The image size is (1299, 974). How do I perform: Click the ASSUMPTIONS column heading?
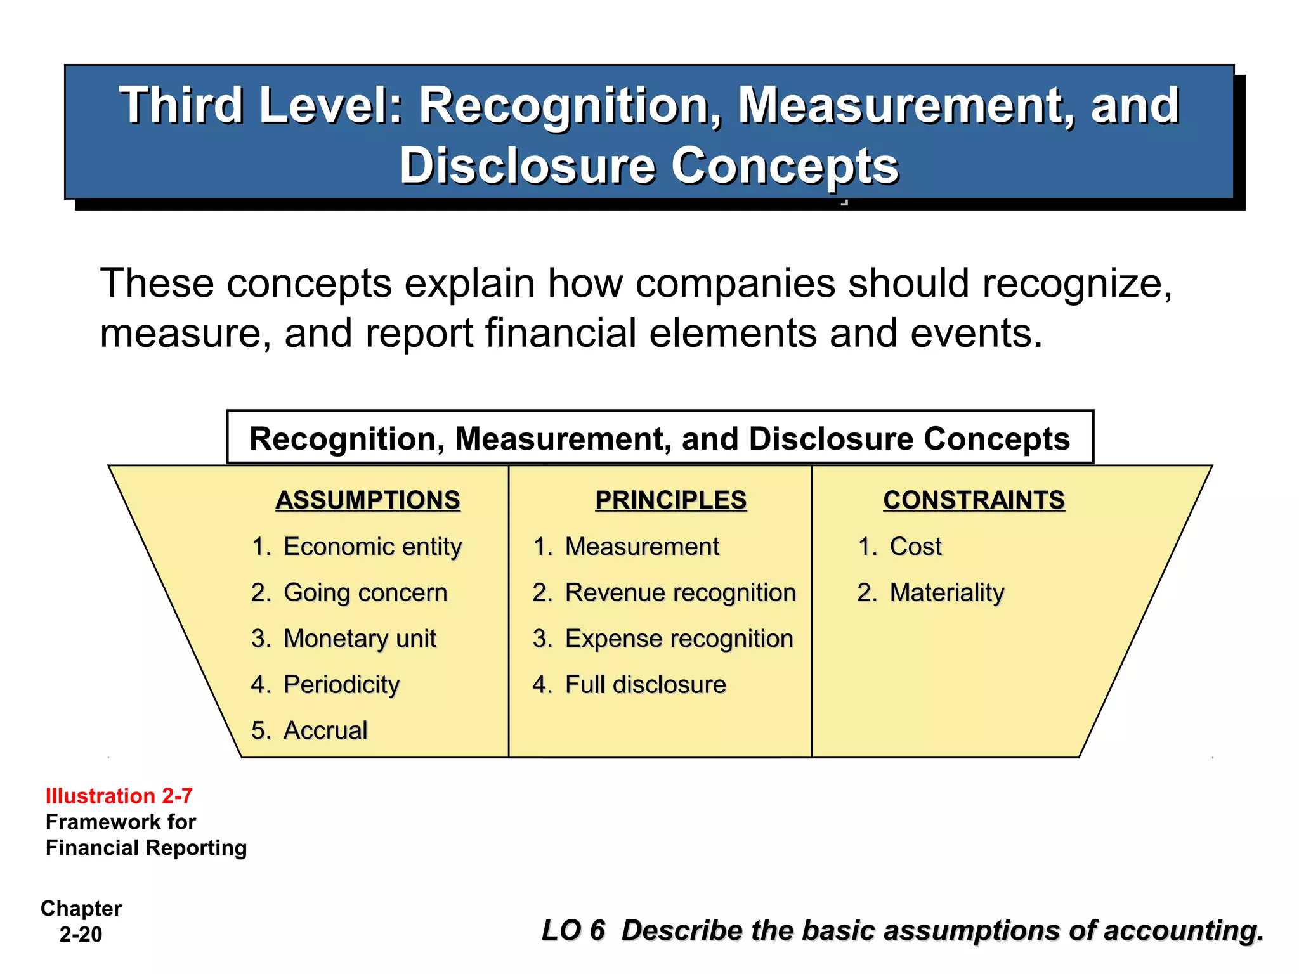pos(368,500)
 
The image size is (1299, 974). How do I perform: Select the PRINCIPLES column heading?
pos(670,500)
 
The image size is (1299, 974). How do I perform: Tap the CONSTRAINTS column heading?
pos(974,500)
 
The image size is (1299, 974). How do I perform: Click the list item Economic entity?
pos(372,547)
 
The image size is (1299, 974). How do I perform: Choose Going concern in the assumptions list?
pos(365,593)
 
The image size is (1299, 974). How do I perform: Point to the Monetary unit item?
pos(360,639)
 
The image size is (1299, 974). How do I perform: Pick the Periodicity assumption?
pos(341,685)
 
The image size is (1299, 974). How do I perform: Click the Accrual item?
pos(325,730)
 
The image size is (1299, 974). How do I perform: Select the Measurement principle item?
pos(642,547)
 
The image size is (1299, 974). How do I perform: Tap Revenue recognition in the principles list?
pos(680,593)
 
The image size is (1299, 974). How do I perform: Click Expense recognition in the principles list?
pos(679,639)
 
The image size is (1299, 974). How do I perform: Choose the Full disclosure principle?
pos(645,685)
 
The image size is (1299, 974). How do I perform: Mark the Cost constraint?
pos(915,547)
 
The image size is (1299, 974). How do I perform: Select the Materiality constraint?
pos(946,593)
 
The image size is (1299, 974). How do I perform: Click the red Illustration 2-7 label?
pos(119,796)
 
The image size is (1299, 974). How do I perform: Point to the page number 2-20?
pos(81,935)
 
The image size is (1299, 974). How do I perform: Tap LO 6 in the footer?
pos(573,930)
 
